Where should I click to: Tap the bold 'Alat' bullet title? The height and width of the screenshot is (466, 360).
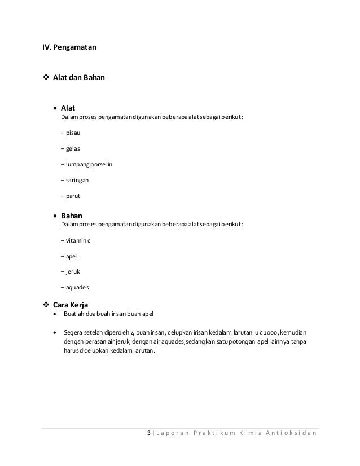(x=68, y=107)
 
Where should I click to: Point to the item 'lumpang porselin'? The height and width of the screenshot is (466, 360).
(x=85, y=165)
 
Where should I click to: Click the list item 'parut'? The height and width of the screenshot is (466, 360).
(x=71, y=196)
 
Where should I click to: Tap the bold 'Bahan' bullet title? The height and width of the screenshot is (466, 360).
(x=72, y=215)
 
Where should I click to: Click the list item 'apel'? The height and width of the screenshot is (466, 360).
(x=69, y=256)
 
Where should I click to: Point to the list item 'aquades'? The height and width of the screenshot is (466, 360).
(x=74, y=287)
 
